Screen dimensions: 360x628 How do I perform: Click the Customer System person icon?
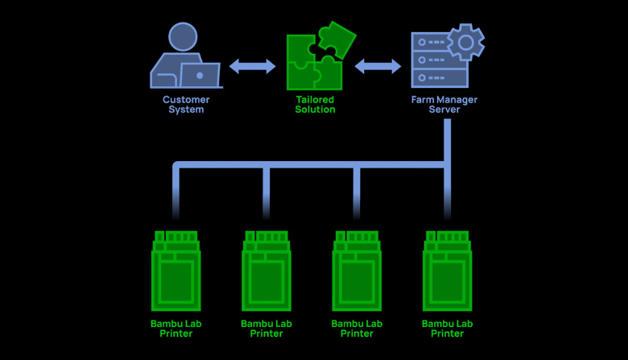[x=184, y=56]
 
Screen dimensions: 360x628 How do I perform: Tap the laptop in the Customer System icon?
[x=199, y=76]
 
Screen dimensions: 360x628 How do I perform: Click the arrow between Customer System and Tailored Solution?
[x=252, y=66]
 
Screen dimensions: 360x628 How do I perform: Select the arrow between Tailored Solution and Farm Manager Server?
[x=378, y=66]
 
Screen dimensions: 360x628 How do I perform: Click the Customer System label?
[x=186, y=105]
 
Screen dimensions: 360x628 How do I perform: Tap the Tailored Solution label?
[x=315, y=105]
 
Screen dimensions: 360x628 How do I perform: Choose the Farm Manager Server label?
[x=444, y=105]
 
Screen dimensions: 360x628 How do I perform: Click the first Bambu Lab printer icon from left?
[x=176, y=270]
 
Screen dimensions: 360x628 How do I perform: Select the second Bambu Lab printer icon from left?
[x=266, y=270]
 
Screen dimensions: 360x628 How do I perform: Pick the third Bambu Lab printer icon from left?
[x=357, y=270]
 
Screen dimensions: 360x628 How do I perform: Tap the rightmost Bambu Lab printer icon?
[x=447, y=270]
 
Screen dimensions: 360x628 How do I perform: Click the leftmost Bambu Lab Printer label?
[x=176, y=328]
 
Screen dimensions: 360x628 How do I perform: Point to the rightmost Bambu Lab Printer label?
[x=447, y=328]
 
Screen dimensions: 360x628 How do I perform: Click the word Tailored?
[x=315, y=100]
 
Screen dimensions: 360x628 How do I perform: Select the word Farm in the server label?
[x=422, y=100]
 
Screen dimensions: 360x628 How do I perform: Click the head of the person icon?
[x=183, y=36]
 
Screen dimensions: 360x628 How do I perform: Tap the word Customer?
[x=186, y=100]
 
